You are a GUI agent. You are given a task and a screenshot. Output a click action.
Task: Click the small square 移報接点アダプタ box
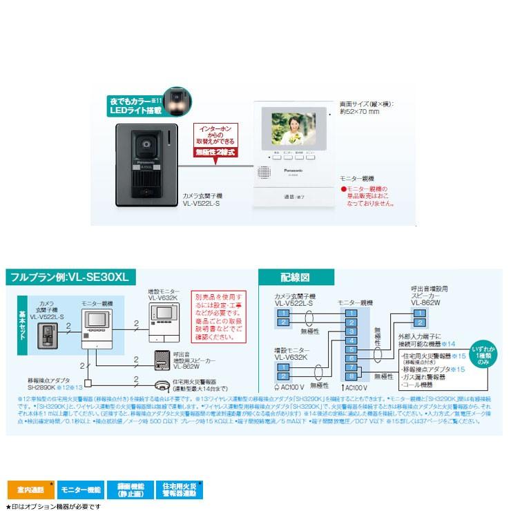88,382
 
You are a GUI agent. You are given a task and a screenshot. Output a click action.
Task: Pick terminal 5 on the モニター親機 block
351,349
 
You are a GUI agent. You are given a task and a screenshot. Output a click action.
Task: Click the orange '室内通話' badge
30,490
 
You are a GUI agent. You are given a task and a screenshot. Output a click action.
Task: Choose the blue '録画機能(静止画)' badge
128,490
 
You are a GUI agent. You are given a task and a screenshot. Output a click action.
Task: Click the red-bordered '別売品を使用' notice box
209,315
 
